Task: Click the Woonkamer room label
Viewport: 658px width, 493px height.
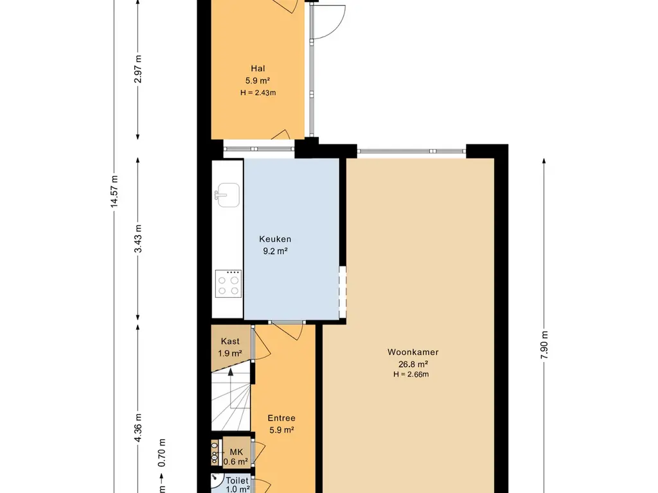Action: tap(413, 352)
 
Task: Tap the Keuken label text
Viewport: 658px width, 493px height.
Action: tap(275, 239)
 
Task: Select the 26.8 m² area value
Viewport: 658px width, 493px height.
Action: tap(413, 364)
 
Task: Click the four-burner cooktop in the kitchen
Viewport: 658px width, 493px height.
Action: tap(228, 284)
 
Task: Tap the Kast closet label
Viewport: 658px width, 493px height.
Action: tap(230, 342)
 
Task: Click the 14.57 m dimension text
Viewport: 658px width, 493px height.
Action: tap(114, 191)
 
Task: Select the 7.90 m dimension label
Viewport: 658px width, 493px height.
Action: tap(544, 345)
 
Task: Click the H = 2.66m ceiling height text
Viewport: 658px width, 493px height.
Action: tap(411, 374)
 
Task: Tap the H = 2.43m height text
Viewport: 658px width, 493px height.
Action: tap(258, 92)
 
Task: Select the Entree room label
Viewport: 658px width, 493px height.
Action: tap(281, 418)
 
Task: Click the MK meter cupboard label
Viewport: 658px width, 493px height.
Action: tap(236, 452)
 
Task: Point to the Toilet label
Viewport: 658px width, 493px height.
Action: tap(237, 480)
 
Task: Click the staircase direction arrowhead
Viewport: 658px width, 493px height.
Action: tap(231, 372)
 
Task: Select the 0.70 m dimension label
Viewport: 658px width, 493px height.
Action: tap(162, 453)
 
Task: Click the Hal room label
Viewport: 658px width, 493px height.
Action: tap(258, 69)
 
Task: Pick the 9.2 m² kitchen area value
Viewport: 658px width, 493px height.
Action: tap(275, 251)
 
